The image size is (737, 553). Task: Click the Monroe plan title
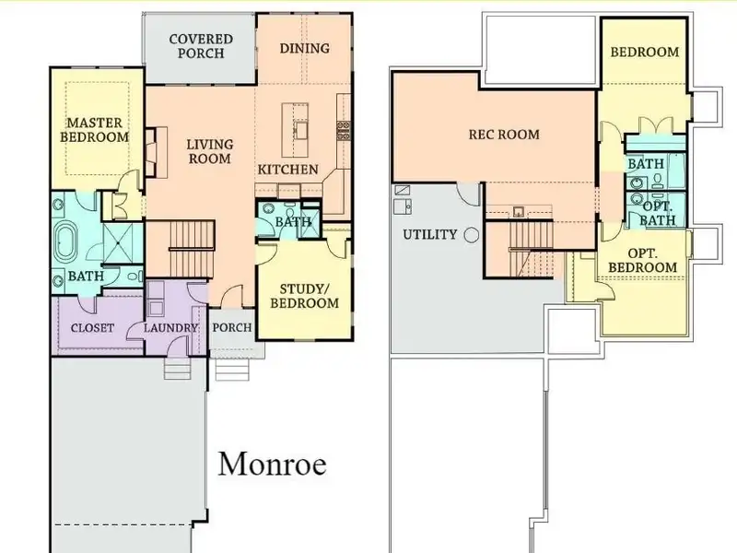[272, 465]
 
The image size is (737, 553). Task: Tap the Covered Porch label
[201, 46]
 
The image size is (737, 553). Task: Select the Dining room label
[305, 49]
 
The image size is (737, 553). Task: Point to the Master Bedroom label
[95, 130]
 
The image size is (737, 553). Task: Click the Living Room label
[210, 151]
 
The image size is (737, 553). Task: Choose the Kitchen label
[287, 170]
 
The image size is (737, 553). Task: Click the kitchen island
[295, 130]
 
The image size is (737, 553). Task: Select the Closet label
[92, 328]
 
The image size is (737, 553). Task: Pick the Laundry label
[170, 328]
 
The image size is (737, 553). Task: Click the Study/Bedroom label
[305, 296]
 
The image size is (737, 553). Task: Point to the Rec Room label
[504, 135]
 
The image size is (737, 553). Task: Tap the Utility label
[429, 234]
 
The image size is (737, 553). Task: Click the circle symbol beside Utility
[472, 235]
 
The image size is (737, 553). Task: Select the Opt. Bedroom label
[642, 261]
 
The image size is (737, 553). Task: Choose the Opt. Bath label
[658, 214]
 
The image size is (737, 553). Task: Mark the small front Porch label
[232, 327]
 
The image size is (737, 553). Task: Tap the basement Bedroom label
[644, 52]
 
